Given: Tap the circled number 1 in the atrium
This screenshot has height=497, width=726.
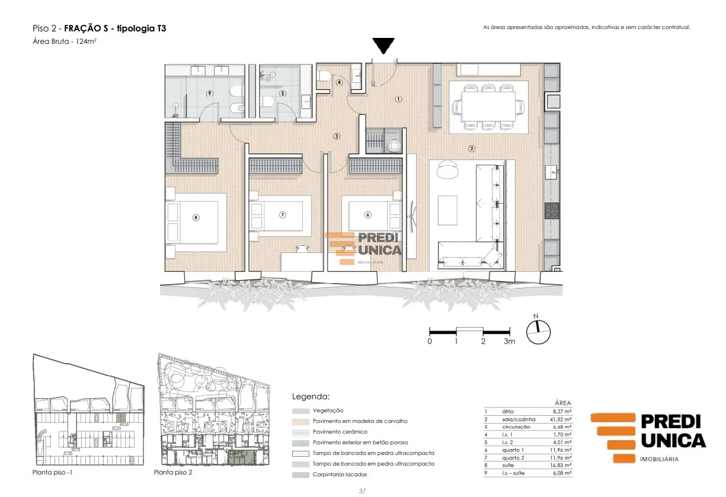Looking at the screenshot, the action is (399, 99).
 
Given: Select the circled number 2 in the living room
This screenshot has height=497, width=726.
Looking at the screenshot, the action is (472, 149).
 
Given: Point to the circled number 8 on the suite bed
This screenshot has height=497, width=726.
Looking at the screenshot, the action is (196, 218).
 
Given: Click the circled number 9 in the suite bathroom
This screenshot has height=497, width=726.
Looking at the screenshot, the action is (209, 94).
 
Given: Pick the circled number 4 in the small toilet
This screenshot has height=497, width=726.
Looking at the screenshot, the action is (339, 82).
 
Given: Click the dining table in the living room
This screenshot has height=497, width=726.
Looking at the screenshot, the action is (488, 106).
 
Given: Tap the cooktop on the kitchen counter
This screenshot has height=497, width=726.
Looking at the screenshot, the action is (552, 211).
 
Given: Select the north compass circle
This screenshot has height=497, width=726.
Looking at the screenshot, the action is (538, 332).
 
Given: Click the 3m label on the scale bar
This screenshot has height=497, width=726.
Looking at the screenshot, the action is (510, 341).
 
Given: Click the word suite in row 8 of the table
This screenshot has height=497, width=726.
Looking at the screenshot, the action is (508, 465).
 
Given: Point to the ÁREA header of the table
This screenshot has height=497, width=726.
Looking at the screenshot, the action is (563, 403).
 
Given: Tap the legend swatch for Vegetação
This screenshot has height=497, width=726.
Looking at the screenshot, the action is (300, 411).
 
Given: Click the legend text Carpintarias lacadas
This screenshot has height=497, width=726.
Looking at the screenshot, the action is (340, 474).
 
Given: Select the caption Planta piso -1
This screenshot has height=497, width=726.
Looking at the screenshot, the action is (53, 472).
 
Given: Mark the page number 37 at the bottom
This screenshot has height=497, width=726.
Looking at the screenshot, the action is (362, 491).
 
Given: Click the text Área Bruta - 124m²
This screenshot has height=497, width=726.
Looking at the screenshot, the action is (65, 41).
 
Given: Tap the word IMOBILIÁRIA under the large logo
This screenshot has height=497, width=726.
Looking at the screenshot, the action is (659, 459).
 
